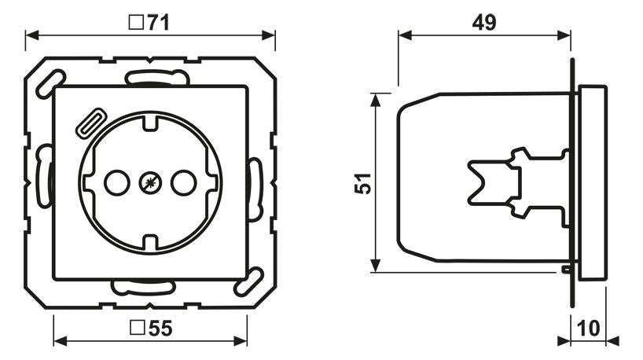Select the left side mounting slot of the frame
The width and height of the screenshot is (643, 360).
pyautogui.click(x=45, y=174)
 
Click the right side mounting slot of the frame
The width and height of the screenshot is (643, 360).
pyautogui.click(x=255, y=189)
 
